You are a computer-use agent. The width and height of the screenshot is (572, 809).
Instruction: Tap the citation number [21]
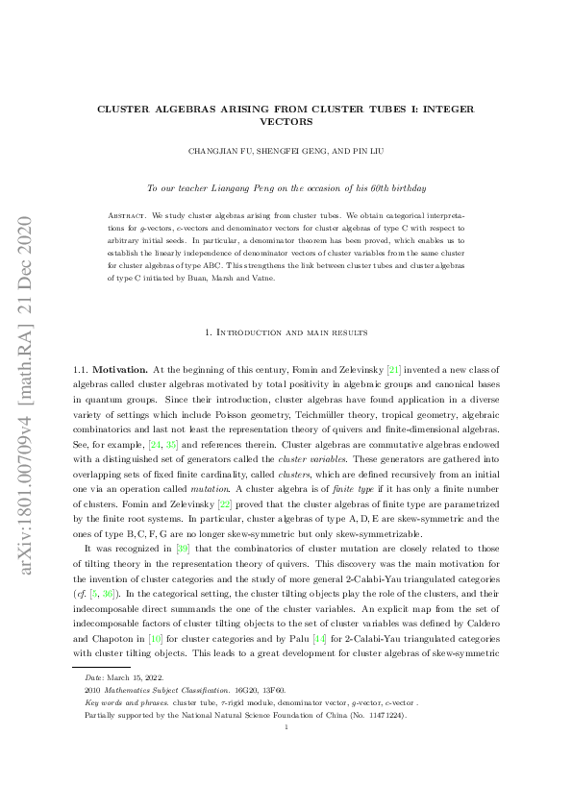point(394,368)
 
